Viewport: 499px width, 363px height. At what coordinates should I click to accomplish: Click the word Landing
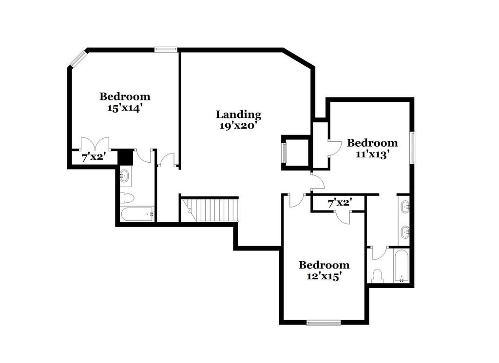click(x=238, y=115)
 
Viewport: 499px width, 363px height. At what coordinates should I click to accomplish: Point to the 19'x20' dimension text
click(x=238, y=125)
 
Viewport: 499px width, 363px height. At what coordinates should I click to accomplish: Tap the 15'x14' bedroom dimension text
click(x=125, y=108)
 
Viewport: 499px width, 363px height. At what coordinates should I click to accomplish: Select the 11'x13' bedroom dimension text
click(x=372, y=154)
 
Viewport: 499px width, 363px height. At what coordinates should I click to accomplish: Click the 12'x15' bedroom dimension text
click(x=324, y=276)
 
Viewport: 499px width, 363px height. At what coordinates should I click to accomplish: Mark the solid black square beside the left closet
click(x=125, y=157)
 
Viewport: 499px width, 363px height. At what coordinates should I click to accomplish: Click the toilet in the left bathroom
click(x=126, y=197)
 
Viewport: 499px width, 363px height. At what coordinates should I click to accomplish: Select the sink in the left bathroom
click(x=124, y=176)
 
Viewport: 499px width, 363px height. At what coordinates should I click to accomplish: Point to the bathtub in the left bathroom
click(x=137, y=214)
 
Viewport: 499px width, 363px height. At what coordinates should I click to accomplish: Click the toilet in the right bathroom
click(x=377, y=276)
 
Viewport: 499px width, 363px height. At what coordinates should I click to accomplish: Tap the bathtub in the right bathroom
click(x=401, y=266)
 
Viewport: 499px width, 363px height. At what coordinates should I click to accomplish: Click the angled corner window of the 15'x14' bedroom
click(x=77, y=58)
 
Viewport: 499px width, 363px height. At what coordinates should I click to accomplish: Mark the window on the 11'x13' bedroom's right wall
click(x=412, y=148)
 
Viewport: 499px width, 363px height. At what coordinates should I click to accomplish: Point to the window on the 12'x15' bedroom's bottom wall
click(x=324, y=322)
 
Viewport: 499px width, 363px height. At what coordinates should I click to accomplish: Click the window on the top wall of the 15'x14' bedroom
click(x=166, y=49)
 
